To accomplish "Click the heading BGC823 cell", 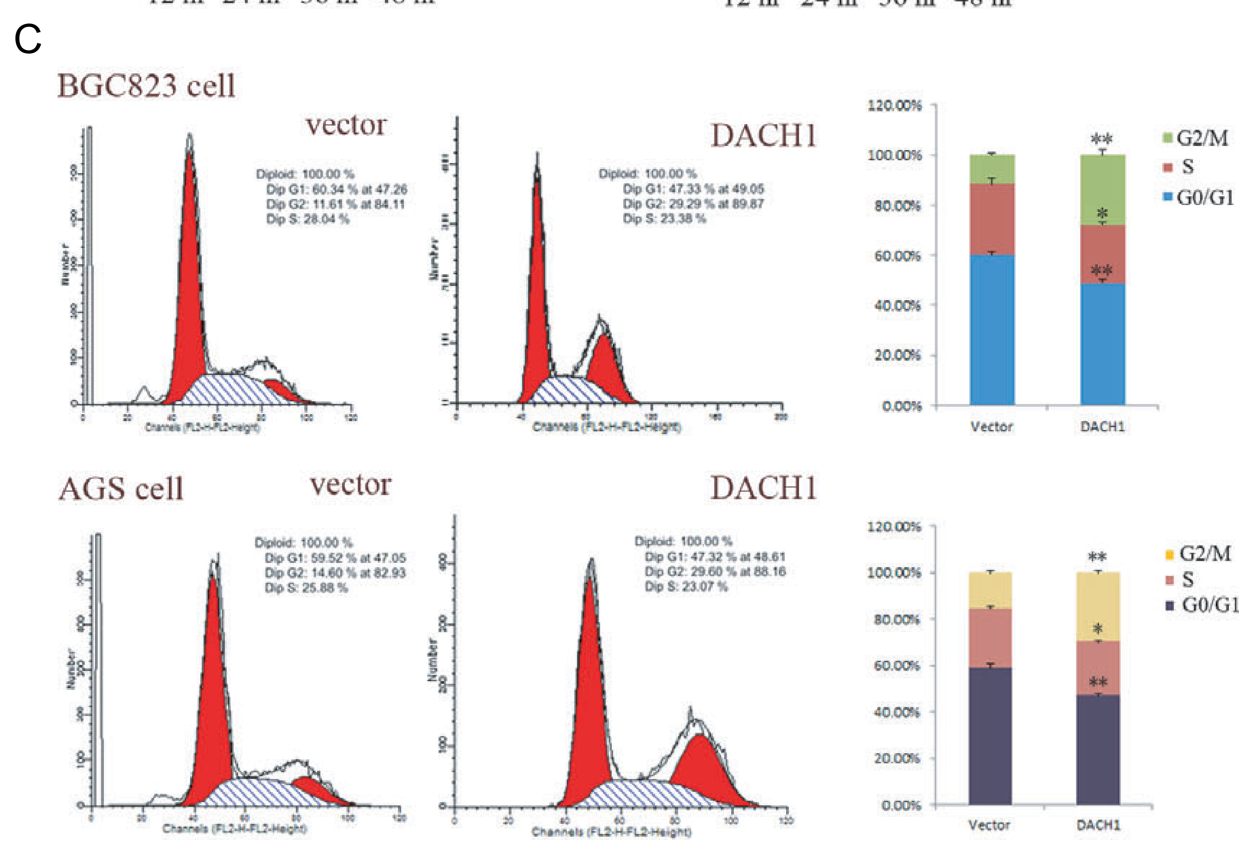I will [x=146, y=86].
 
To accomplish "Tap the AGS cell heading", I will [x=121, y=489].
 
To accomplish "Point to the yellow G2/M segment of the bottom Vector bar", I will [x=990, y=590].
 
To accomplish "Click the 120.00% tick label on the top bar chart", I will [x=895, y=105].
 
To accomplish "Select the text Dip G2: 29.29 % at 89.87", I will [x=693, y=204].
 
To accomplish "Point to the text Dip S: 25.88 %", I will [x=306, y=587].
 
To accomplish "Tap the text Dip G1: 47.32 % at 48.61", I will [x=715, y=556].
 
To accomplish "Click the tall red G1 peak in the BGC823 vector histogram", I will [x=189, y=269].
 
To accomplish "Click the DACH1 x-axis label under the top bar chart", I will [x=1102, y=427].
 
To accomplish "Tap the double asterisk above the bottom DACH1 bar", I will [x=1097, y=557].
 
